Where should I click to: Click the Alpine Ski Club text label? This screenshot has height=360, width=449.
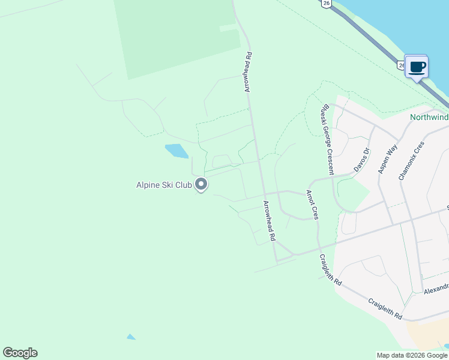(x=164, y=185)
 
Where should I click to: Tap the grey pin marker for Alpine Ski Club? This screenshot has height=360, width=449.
(x=202, y=185)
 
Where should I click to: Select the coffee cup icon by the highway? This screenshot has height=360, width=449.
(x=417, y=67)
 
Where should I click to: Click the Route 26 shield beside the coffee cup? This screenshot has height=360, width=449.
(x=401, y=64)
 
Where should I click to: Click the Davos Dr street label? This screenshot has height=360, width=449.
(x=360, y=160)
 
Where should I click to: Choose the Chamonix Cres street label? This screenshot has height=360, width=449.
(x=411, y=161)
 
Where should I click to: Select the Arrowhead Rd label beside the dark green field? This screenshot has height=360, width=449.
(x=247, y=72)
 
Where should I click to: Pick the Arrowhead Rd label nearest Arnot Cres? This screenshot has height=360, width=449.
(x=268, y=221)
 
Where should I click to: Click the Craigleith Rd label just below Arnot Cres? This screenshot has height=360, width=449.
(x=330, y=270)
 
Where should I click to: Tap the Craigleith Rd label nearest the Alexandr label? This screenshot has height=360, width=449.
(x=385, y=309)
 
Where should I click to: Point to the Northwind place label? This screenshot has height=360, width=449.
(x=429, y=118)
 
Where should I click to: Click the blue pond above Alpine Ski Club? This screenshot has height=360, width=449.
(x=176, y=151)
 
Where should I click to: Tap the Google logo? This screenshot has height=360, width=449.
(x=20, y=353)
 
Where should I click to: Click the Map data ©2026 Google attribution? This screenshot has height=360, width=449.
(x=412, y=355)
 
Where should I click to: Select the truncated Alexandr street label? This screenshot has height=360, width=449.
(x=436, y=289)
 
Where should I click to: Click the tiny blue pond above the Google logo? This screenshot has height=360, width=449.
(x=131, y=337)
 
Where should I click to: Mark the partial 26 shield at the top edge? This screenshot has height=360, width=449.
(x=325, y=3)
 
